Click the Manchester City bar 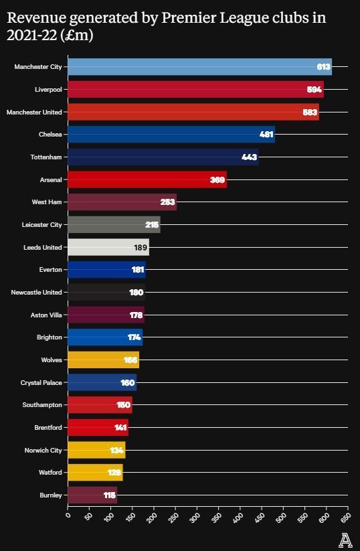tap(199, 67)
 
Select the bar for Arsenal tap(147, 179)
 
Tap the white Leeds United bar tap(108, 247)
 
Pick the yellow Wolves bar tap(103, 360)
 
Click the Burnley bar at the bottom tap(92, 495)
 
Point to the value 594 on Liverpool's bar tap(314, 90)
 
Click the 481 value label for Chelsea tap(266, 135)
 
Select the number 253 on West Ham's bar tap(168, 202)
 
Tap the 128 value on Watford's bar tap(114, 473)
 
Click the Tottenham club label tap(46, 157)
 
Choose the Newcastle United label tap(37, 292)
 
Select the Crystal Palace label tap(41, 382)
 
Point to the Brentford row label tap(48, 427)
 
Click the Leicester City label tap(42, 224)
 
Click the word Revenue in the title tap(35, 18)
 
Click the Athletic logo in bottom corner tap(345, 540)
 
